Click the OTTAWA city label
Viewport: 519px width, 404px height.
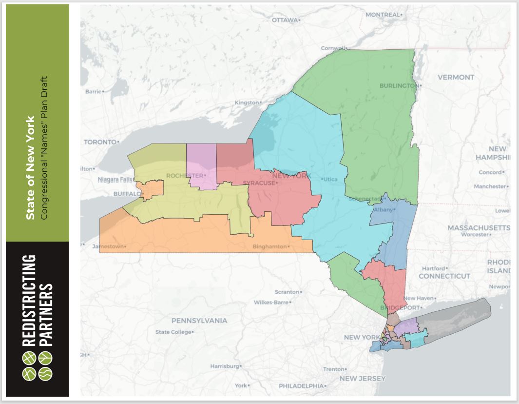285,20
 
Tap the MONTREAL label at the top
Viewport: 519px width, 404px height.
382,15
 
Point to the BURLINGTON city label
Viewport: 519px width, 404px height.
399,86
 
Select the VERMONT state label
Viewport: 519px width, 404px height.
456,77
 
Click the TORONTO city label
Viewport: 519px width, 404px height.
101,142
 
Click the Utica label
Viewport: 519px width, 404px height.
330,180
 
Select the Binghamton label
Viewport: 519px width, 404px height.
269,246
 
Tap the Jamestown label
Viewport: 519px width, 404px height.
108,246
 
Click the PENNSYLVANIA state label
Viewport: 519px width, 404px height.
199,321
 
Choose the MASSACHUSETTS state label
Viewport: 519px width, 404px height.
479,228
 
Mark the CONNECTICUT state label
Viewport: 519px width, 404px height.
444,276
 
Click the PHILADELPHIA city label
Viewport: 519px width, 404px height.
301,386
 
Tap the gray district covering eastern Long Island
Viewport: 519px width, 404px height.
458,320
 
